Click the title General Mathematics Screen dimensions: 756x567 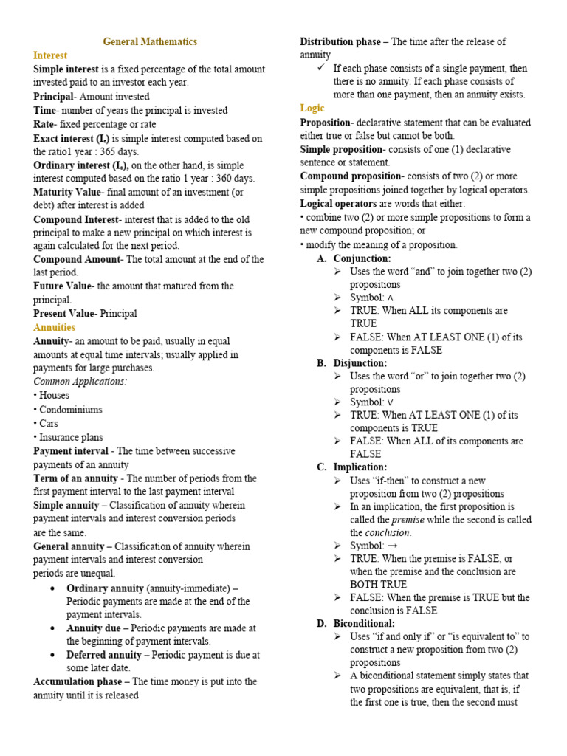click(150, 42)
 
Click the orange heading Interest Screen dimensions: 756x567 click(50, 55)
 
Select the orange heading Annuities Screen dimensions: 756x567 click(55, 327)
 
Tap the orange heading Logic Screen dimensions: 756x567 click(312, 109)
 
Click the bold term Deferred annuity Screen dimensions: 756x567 click(104, 655)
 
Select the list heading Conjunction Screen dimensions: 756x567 click(362, 258)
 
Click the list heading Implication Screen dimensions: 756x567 click(360, 467)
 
